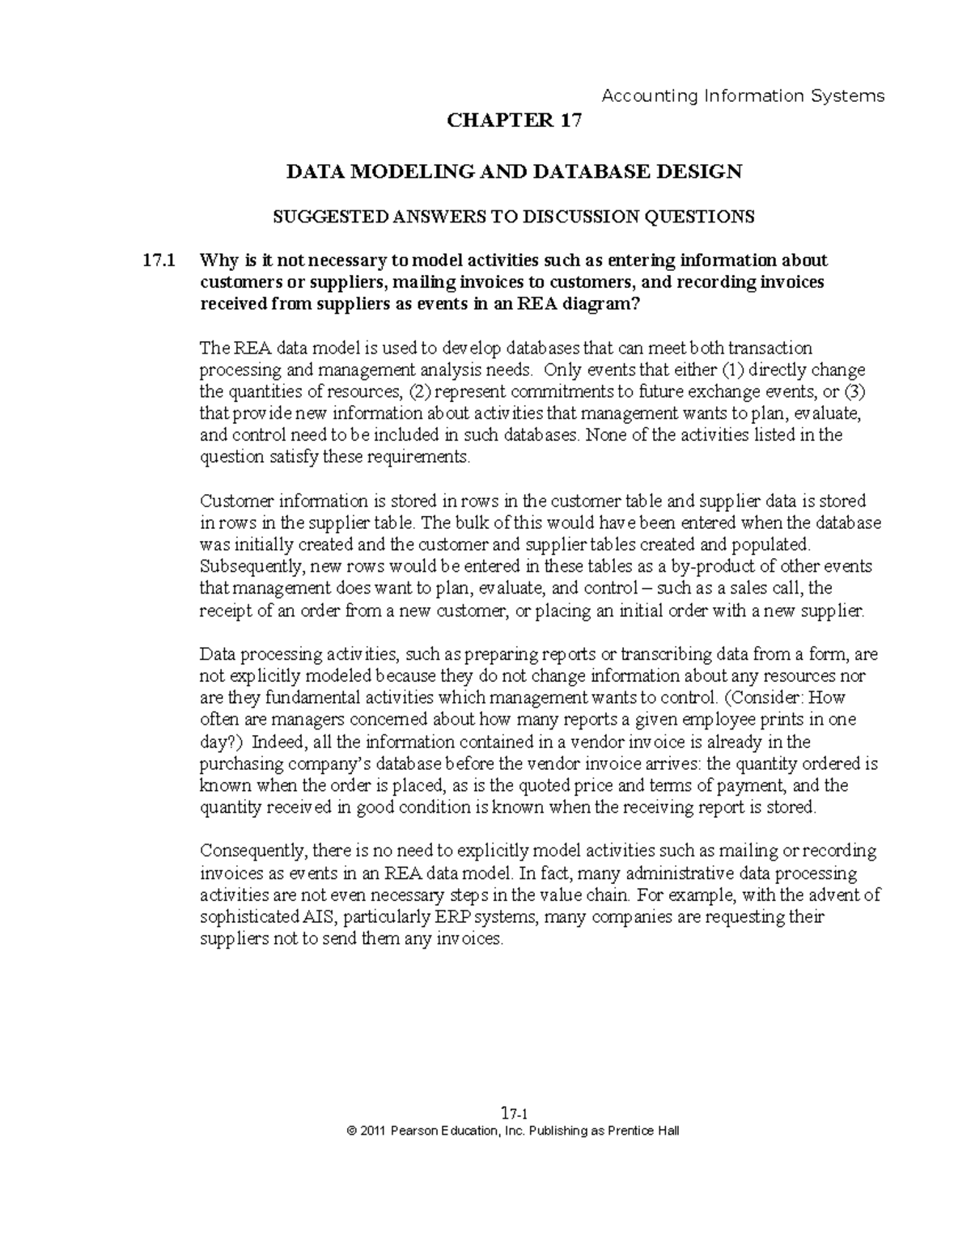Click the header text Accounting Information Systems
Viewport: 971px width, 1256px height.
[x=744, y=96]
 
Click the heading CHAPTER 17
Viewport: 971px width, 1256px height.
[x=514, y=121]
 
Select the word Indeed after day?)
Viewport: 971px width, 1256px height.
[x=278, y=742]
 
